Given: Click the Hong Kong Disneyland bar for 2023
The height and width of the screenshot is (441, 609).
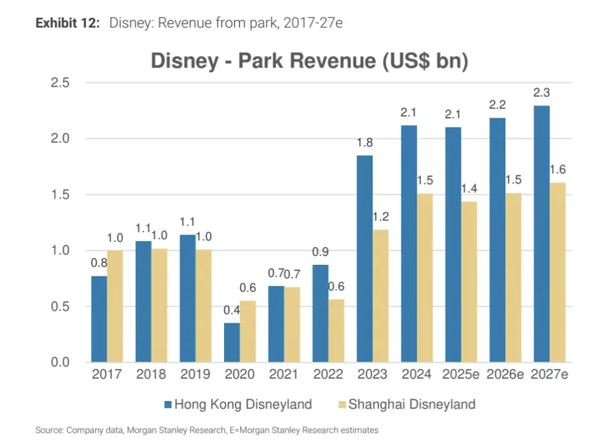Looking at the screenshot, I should point(364,258).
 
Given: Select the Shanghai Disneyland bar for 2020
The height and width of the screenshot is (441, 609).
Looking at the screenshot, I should point(247,331).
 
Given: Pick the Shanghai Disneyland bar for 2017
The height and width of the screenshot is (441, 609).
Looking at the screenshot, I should point(115,306).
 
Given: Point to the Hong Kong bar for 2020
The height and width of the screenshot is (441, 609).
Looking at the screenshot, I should point(232,342).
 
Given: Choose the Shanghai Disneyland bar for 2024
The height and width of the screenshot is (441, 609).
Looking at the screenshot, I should point(424,278).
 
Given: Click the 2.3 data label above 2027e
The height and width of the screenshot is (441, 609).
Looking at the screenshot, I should point(541,93).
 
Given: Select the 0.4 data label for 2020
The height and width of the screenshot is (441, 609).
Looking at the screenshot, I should point(231,311).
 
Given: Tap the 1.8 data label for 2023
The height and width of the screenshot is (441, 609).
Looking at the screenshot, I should point(364,143).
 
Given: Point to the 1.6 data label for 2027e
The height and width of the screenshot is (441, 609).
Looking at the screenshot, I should point(557,170).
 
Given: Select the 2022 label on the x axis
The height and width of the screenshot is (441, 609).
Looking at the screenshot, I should point(328,375).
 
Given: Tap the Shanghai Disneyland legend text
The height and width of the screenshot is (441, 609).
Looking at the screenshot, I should point(412,404).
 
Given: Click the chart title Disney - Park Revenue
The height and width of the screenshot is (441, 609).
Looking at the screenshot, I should point(309,61).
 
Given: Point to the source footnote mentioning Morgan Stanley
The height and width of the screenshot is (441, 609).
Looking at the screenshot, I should point(207,429).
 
